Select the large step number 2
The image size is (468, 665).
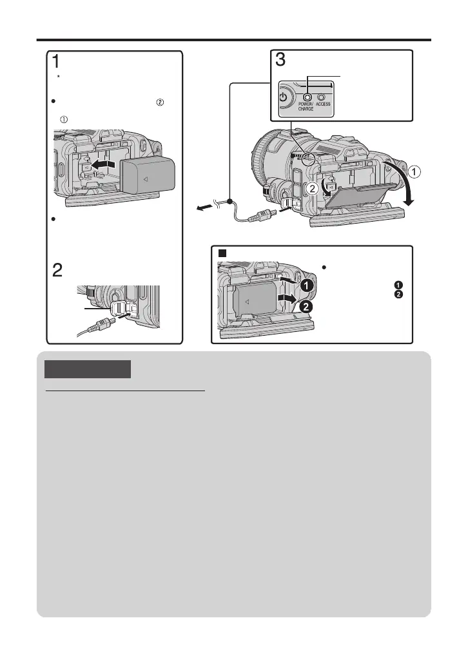[57, 271]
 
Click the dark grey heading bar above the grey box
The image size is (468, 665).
[87, 369]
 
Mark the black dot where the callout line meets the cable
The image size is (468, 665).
[229, 192]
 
